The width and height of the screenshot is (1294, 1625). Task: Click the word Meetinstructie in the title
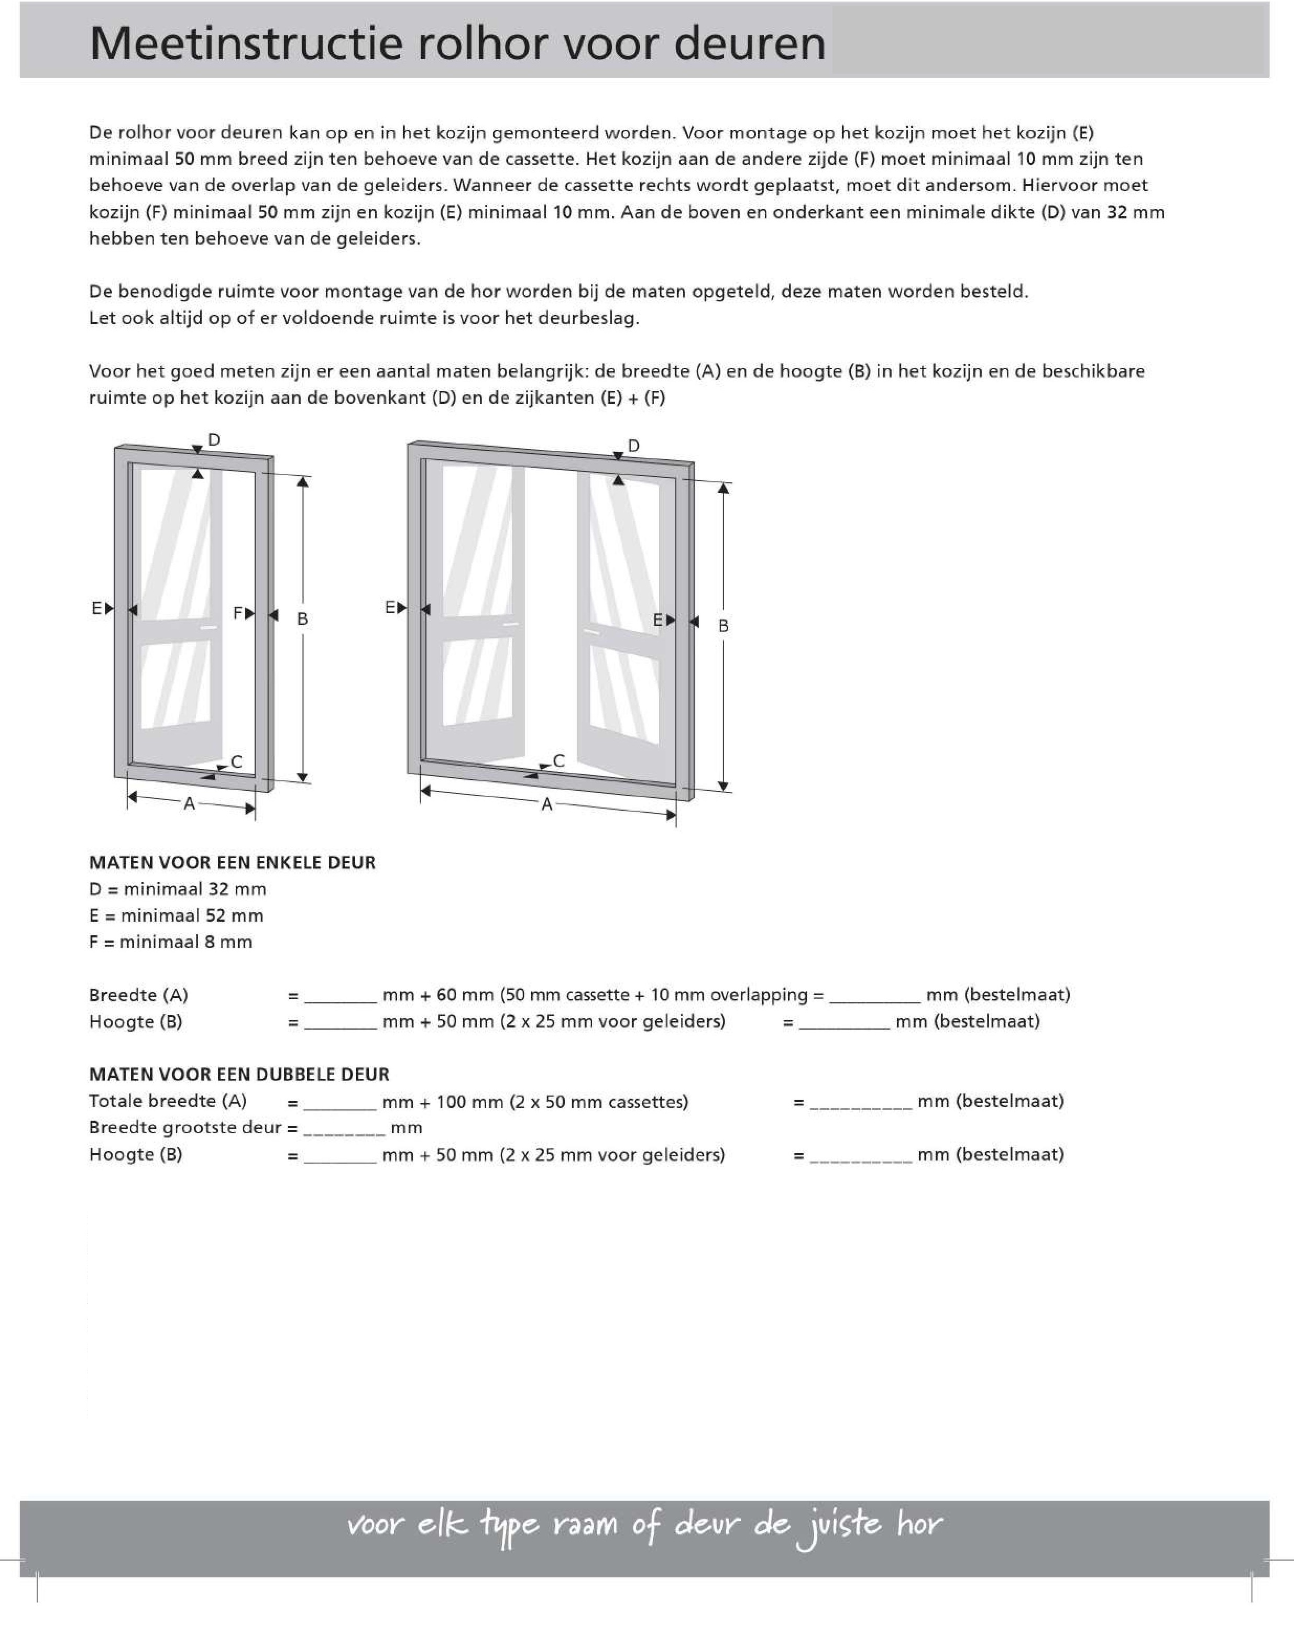pos(246,43)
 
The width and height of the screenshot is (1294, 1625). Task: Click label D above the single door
pos(214,439)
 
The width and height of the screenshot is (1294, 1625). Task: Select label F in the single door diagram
pos(238,613)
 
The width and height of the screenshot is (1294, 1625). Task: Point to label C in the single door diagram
pos(237,761)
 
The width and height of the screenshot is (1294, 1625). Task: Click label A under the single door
pos(189,804)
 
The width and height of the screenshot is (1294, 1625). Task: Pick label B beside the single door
pos(302,619)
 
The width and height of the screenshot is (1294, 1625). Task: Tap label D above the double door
pos(633,446)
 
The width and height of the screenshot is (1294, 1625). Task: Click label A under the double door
pos(547,805)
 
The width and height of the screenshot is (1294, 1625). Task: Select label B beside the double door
pos(723,626)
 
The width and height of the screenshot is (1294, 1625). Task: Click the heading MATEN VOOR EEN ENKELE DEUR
pos(232,862)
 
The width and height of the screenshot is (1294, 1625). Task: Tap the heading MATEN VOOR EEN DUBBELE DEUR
pos(239,1074)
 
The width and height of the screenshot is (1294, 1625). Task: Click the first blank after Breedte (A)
pos(340,997)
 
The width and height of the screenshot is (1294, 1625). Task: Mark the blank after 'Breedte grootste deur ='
pos(344,1130)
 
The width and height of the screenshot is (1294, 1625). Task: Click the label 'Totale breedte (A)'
pos(168,1101)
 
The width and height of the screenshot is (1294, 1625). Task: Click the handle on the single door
pos(208,627)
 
